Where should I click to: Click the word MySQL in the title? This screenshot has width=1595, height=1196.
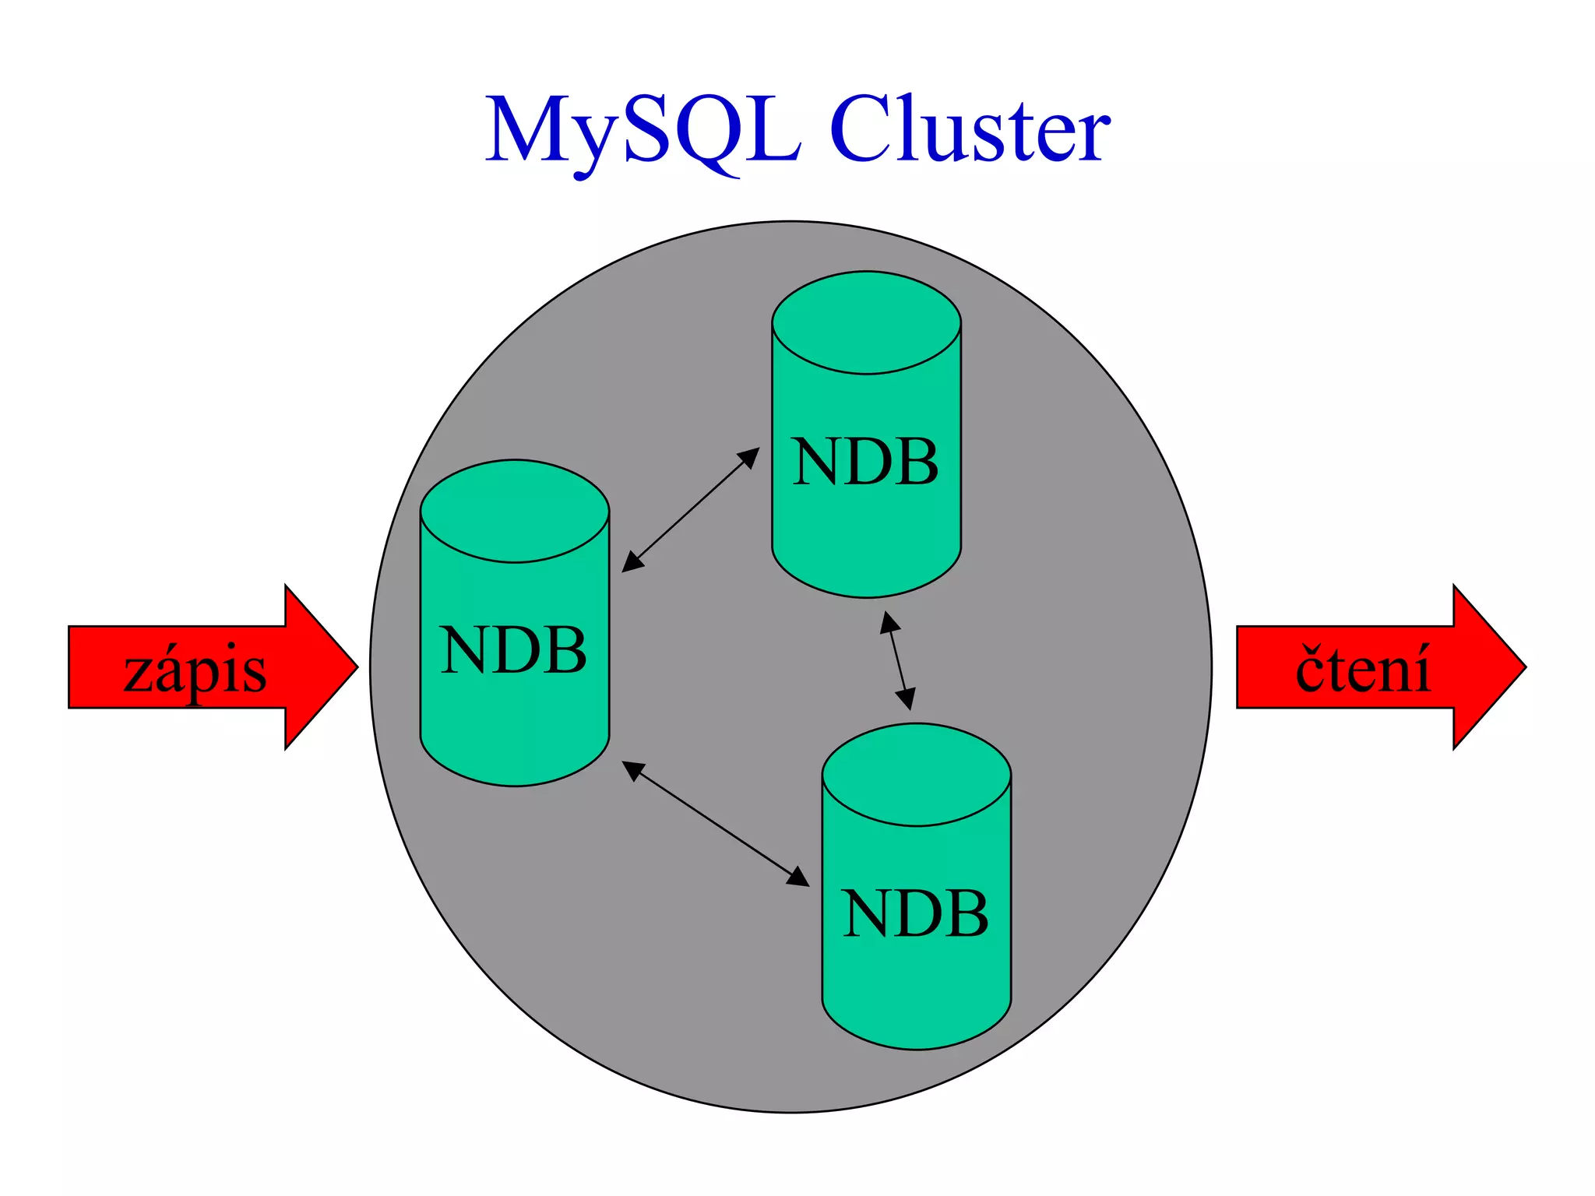(x=643, y=131)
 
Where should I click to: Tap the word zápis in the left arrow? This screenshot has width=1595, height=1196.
(x=195, y=671)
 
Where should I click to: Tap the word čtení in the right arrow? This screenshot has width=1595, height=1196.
(x=1363, y=670)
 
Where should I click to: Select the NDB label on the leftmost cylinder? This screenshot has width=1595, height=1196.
(x=513, y=651)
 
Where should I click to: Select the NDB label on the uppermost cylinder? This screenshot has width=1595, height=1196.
(x=865, y=463)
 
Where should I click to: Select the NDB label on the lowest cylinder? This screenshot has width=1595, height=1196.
(x=916, y=914)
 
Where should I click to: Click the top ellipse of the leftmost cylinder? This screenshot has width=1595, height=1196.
(x=514, y=511)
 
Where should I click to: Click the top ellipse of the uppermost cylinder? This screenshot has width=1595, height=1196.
(x=866, y=322)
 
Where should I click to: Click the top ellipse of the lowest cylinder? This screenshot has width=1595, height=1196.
(x=916, y=774)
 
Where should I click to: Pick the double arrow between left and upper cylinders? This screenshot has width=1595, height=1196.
(x=690, y=510)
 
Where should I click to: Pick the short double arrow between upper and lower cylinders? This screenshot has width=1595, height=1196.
(x=897, y=660)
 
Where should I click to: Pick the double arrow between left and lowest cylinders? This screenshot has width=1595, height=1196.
(x=715, y=823)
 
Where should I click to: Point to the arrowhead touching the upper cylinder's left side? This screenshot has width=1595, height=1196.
(x=750, y=456)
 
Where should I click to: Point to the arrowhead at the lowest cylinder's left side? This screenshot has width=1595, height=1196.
(x=799, y=878)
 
